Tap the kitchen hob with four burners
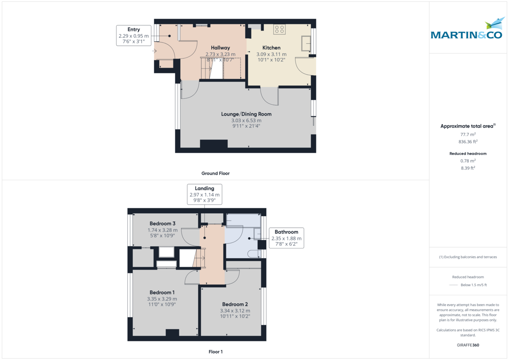pos(279,29)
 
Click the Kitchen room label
pos(271,47)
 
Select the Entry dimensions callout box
pos(134,36)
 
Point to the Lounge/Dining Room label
pos(246,114)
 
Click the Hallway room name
pos(220,48)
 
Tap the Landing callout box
pos(204,195)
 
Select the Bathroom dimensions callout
pos(286,238)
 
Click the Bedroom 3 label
pos(162,223)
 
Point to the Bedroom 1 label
pos(162,293)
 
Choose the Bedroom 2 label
pos(235,304)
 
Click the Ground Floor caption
pos(215,173)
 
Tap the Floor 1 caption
pos(215,352)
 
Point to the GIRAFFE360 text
pos(468,345)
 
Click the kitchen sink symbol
pos(305,42)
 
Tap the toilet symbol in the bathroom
pos(254,254)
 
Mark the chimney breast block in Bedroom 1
pos(172,334)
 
